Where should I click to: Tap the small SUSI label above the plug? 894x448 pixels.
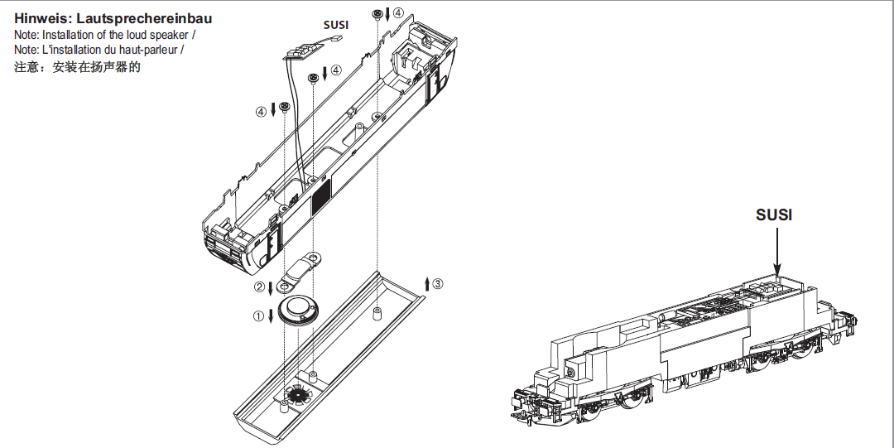click(335, 25)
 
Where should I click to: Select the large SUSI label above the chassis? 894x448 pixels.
click(774, 214)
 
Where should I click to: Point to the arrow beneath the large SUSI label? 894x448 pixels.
click(778, 248)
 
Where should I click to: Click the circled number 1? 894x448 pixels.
click(259, 315)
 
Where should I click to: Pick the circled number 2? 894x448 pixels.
click(259, 287)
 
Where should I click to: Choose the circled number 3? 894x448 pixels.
click(438, 283)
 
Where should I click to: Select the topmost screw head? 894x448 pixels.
click(377, 15)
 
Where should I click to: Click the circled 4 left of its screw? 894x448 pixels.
click(262, 110)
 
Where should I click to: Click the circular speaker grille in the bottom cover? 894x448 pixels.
click(296, 395)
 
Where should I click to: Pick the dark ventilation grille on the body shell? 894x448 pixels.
click(319, 196)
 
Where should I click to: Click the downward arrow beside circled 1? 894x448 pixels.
click(271, 316)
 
